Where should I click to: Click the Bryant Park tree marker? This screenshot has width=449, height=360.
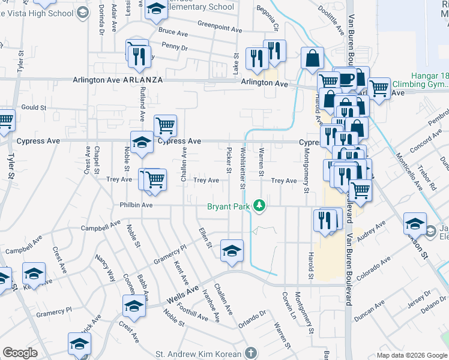click(259, 206)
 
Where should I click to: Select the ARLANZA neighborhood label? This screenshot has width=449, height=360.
click(143, 80)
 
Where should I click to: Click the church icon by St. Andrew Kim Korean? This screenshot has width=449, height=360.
click(250, 353)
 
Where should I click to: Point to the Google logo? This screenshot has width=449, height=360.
click(20, 353)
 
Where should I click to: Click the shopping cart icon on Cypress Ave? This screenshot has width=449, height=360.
click(166, 125)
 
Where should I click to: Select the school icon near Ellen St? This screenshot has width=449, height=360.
click(232, 251)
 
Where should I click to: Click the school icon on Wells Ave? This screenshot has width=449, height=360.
click(134, 305)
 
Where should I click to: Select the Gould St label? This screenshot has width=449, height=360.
click(34, 107)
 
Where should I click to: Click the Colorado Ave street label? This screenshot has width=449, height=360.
click(373, 268)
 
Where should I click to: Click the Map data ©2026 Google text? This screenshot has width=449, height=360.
click(412, 355)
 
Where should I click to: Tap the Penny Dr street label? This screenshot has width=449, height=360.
click(175, 47)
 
